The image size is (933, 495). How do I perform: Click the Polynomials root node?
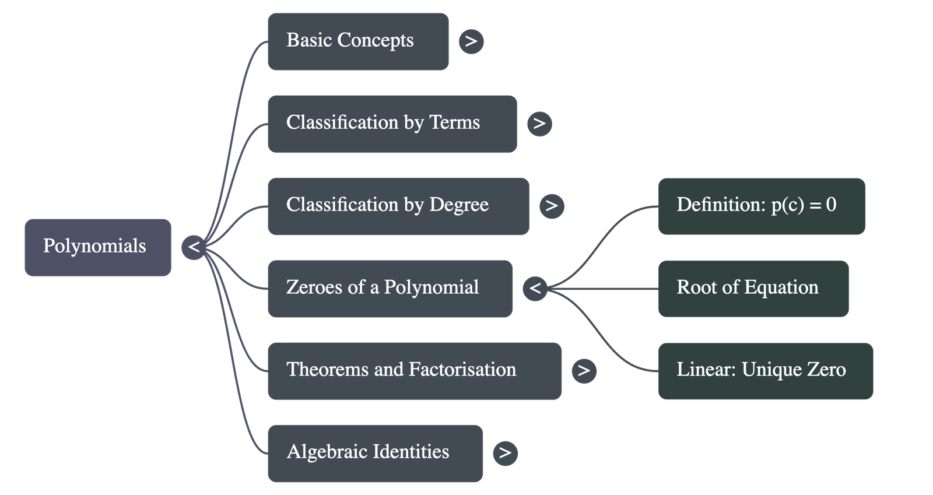point(97,247)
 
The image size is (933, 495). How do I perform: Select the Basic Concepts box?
point(357,41)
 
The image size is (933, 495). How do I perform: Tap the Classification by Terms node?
point(392,124)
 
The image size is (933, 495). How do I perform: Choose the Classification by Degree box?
point(398,206)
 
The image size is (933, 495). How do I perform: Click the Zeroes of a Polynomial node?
point(390,289)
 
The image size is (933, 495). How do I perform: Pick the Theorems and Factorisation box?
point(414,371)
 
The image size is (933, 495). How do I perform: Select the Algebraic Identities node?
point(375,453)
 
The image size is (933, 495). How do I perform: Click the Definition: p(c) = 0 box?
point(762,206)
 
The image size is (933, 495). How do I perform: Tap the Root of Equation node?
point(753,289)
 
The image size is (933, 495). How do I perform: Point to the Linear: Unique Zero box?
point(765,371)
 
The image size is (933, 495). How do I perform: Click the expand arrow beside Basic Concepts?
point(471,41)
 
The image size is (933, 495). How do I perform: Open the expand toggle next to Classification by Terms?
point(539,124)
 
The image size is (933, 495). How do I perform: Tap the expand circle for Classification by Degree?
point(552,206)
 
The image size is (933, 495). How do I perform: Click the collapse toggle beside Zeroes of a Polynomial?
point(535,289)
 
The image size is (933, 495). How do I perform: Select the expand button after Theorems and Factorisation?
point(584,371)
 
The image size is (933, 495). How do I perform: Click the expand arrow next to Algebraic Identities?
point(505,453)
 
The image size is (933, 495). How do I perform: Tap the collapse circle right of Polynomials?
point(194,247)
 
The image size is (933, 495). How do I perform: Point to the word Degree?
point(459,205)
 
